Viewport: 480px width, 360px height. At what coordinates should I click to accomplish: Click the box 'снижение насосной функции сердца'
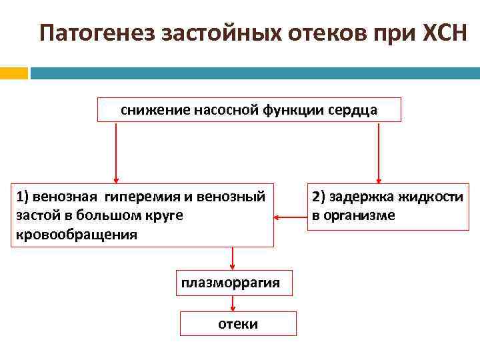[x=249, y=110]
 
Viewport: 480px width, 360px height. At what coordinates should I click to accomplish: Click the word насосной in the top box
[x=224, y=110]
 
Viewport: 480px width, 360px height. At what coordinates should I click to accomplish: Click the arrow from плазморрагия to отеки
[x=232, y=303]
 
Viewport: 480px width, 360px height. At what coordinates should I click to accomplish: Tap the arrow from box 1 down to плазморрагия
[x=232, y=258]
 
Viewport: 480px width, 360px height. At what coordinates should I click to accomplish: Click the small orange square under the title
[x=14, y=73]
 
